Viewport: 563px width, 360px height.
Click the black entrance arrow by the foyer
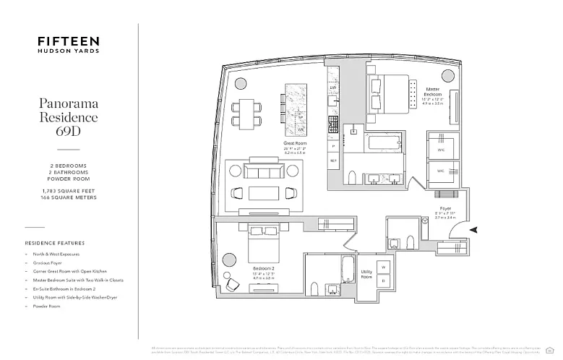[473, 230]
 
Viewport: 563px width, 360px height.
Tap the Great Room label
[295, 144]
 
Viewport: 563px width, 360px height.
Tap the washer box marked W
[384, 267]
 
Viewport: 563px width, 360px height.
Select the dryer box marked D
[384, 281]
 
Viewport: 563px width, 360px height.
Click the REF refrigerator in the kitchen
[333, 160]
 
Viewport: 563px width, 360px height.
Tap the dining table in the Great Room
[248, 114]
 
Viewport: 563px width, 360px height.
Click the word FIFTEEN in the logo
[69, 41]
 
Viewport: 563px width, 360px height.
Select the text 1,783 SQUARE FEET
[69, 189]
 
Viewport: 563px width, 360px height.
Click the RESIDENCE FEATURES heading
[55, 244]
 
